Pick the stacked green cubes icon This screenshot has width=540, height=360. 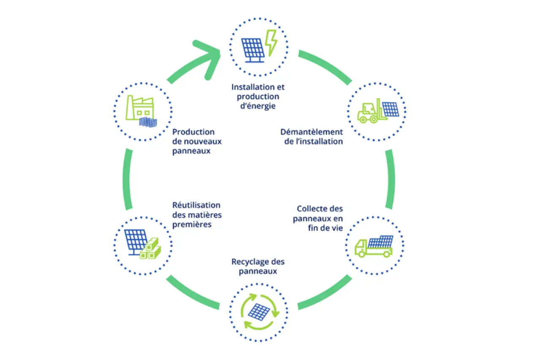(151, 249)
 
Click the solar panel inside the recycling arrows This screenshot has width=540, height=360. (259, 312)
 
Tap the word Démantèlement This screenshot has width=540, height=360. (312, 132)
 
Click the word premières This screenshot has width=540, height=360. (192, 225)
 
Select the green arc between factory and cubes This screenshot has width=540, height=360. (128, 179)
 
